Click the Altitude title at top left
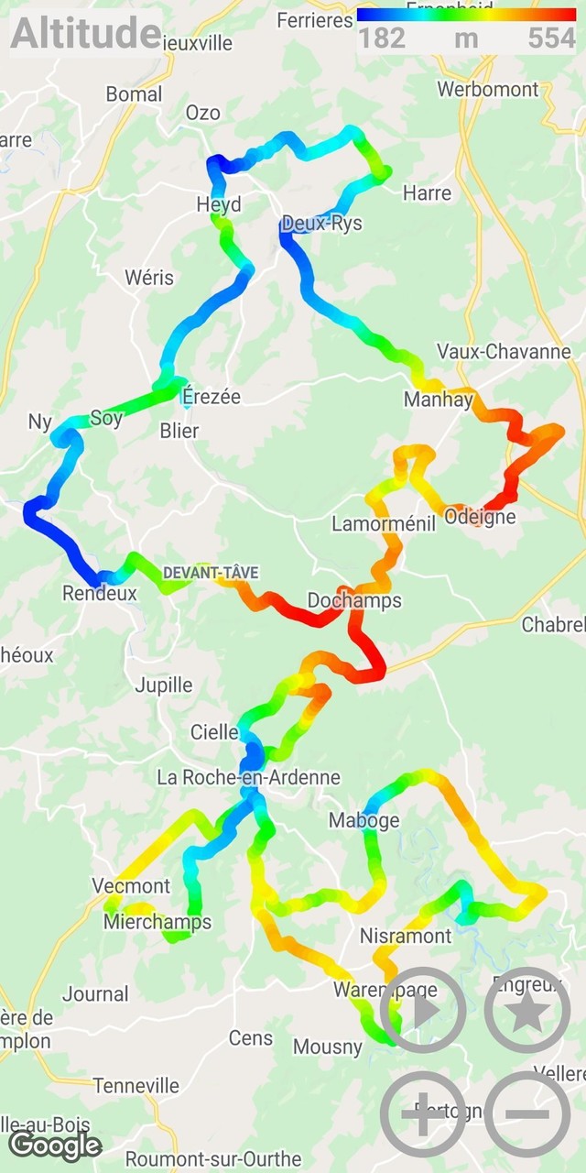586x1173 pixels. click(x=86, y=34)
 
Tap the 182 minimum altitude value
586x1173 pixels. click(x=382, y=38)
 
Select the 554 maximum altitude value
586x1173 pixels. click(x=551, y=38)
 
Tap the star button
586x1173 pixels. click(x=527, y=1010)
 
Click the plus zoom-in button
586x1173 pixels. click(x=423, y=1114)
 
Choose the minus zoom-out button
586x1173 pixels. click(x=527, y=1114)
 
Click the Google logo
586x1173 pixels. click(x=55, y=1145)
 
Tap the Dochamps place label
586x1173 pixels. click(x=354, y=601)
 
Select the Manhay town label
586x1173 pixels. click(x=439, y=400)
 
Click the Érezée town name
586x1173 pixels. click(x=212, y=397)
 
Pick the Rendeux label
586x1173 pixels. click(x=100, y=593)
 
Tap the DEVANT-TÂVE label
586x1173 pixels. click(x=211, y=573)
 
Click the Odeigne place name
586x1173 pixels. click(x=480, y=517)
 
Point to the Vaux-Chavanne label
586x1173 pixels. click(x=504, y=351)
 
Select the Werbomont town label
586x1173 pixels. click(x=488, y=89)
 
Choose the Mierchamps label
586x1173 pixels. click(x=157, y=922)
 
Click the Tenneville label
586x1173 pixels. click(x=136, y=1086)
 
